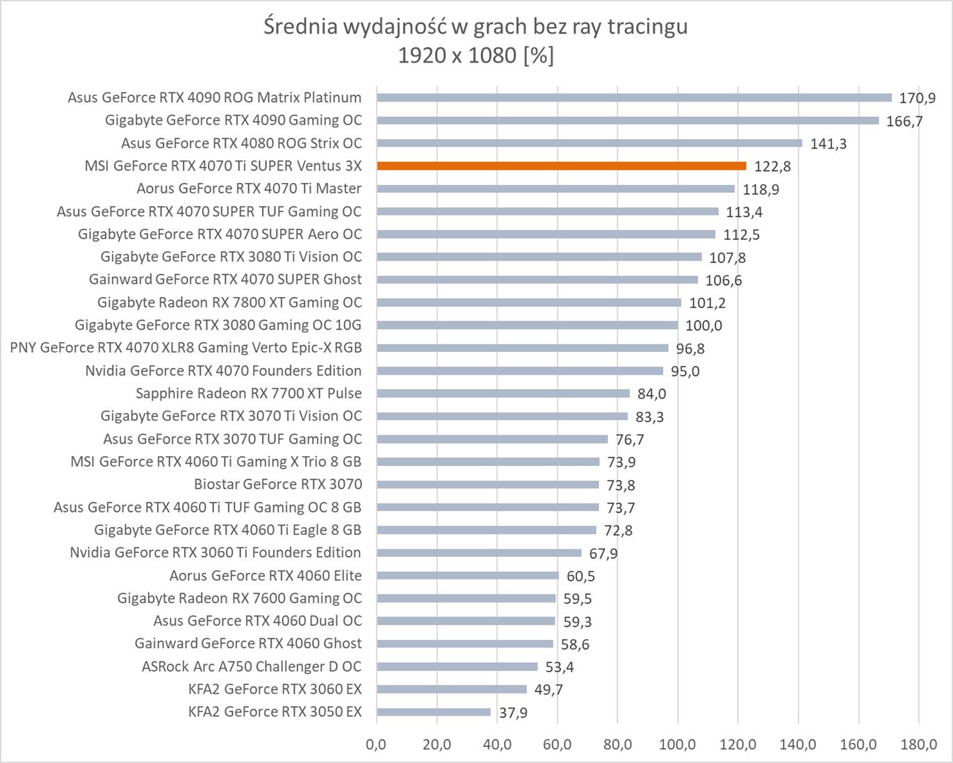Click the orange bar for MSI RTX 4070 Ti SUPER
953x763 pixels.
[x=561, y=166]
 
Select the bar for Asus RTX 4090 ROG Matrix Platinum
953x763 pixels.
[x=634, y=97]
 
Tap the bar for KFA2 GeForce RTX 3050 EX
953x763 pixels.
[x=434, y=712]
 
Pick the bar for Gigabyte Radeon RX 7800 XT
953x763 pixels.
[x=529, y=303]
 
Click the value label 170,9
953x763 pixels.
[x=918, y=98]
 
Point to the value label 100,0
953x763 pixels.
[x=703, y=326]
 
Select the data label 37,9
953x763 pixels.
[x=513, y=713]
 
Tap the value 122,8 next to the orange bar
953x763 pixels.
[x=772, y=167]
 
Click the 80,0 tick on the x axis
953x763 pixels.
[x=617, y=744]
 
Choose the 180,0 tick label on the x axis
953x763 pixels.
[x=918, y=744]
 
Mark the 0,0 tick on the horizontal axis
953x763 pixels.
[x=376, y=744]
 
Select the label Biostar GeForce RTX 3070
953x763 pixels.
[x=278, y=484]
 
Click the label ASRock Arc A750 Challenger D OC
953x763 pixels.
[x=252, y=666]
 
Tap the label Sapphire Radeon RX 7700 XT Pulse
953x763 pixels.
[x=249, y=393]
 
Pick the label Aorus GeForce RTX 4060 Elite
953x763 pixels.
[x=266, y=575]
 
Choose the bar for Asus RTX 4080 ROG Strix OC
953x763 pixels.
[x=589, y=143]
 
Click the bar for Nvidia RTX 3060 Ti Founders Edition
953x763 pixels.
[x=479, y=553]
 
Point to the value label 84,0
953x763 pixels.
[x=651, y=394]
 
